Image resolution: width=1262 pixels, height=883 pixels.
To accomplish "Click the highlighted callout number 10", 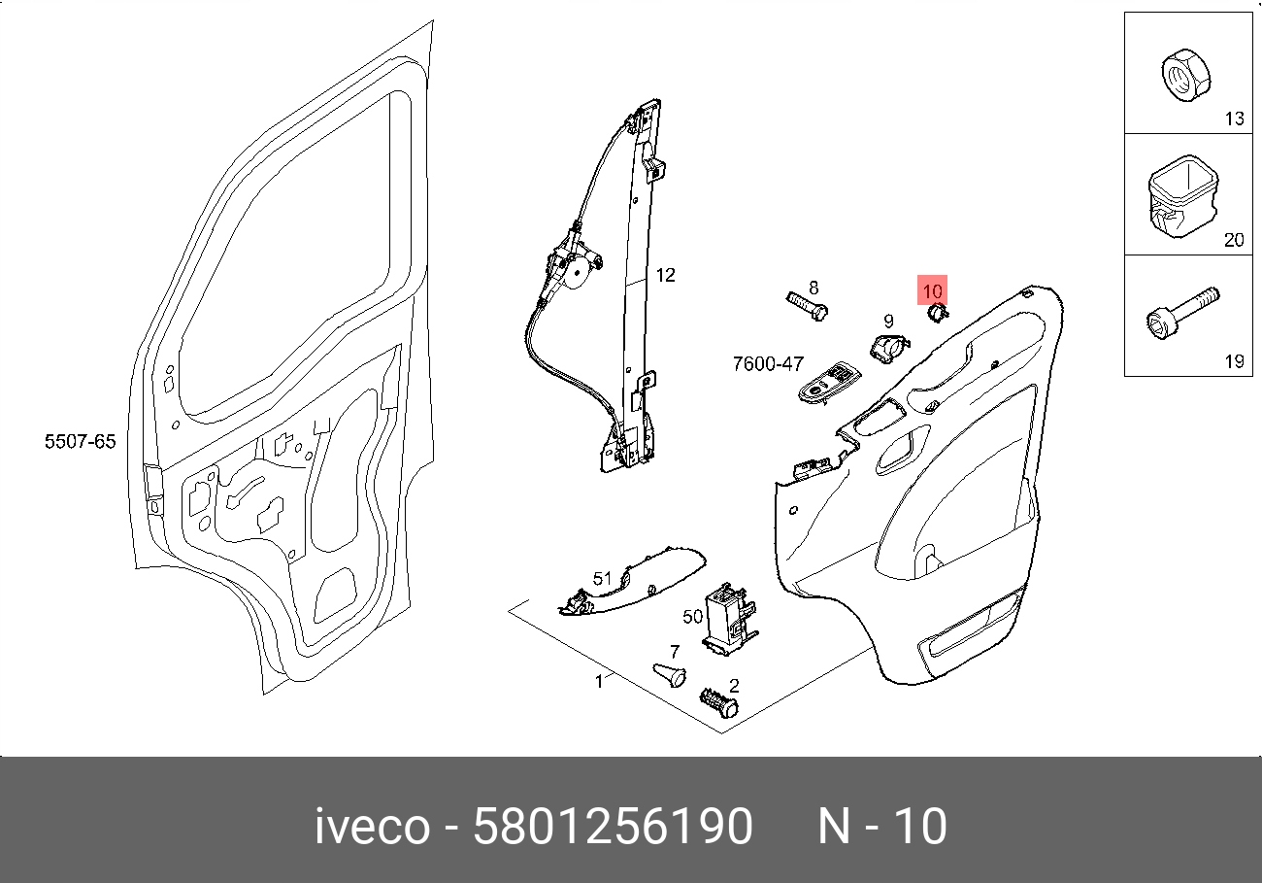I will (932, 290).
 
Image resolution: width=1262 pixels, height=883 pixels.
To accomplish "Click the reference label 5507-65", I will (80, 442).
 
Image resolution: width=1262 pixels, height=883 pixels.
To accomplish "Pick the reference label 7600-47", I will (768, 364).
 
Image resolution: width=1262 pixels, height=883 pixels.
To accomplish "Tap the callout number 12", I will (664, 276).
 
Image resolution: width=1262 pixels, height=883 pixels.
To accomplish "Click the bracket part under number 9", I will (886, 348).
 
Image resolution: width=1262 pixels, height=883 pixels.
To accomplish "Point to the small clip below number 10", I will (937, 312).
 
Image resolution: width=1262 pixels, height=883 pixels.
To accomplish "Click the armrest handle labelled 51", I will (631, 580).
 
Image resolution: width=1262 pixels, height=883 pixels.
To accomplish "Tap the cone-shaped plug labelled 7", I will (669, 672).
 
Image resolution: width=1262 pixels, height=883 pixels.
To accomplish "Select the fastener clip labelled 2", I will (718, 701).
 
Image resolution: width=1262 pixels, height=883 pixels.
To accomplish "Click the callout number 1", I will (599, 681).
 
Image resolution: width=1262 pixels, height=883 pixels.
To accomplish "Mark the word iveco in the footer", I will (372, 828).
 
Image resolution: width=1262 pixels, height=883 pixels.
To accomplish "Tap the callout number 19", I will (1233, 361).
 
